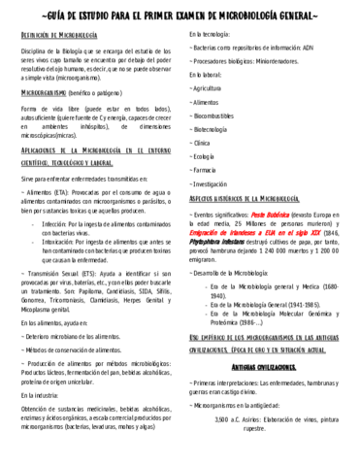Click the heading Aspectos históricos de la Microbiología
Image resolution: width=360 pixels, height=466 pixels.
coord(252,197)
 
